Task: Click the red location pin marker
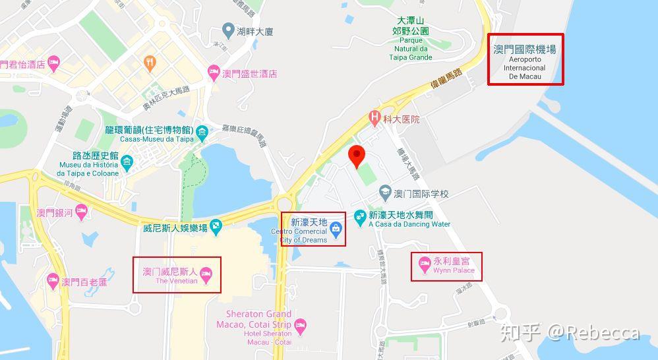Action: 357,156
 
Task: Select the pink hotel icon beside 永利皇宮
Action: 425,266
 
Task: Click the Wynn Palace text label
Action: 454,271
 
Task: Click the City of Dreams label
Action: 303,236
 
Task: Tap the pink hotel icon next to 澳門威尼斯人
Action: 206,272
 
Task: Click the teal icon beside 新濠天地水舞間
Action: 359,216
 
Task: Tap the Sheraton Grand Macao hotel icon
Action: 301,324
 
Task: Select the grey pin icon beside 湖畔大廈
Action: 228,30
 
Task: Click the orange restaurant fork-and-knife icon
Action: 150,64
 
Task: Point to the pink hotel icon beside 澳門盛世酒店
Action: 213,73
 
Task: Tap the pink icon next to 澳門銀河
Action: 81,212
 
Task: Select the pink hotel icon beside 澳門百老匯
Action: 53,282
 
